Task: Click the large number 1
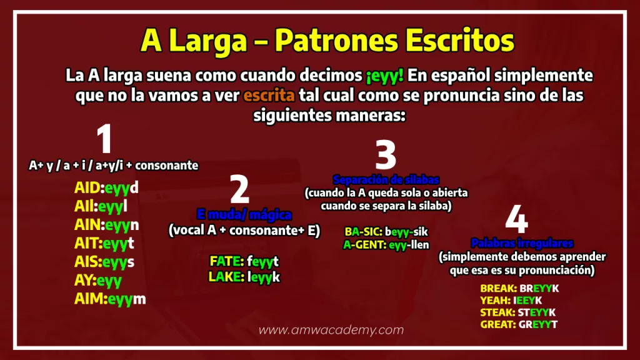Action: [104, 139]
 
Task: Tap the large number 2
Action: [239, 189]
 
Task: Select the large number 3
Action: [386, 154]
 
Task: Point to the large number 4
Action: [517, 219]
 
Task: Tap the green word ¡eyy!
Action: [385, 76]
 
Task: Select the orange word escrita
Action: [269, 96]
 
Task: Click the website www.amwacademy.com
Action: [331, 330]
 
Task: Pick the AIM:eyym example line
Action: [110, 299]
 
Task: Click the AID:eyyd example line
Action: [106, 187]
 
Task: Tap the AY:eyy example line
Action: [98, 281]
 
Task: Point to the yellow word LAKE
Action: [226, 277]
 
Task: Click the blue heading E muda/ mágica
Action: [244, 215]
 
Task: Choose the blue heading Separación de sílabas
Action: [386, 179]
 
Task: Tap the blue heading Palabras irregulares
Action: [522, 243]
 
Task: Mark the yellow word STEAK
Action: [497, 312]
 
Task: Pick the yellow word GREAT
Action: [497, 324]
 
